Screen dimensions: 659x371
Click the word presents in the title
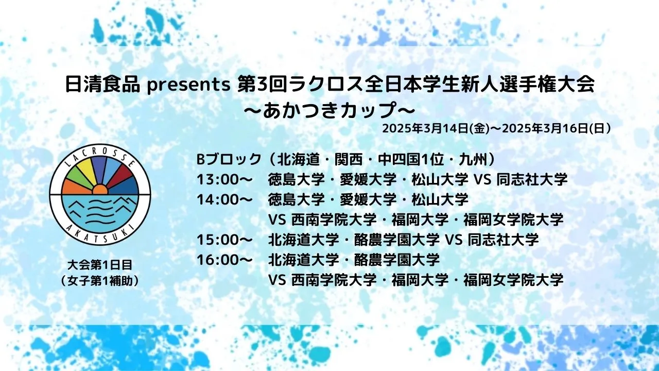pyautogui.click(x=188, y=86)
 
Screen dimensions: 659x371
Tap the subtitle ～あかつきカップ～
pyautogui.click(x=329, y=111)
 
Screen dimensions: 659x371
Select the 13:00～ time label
pyautogui.click(x=224, y=180)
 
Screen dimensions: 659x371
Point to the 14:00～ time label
pyautogui.click(x=224, y=199)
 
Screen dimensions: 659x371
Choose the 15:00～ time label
pyautogui.click(x=224, y=240)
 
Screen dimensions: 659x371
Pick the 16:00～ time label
pyautogui.click(x=224, y=260)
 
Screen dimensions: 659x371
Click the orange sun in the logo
pyautogui.click(x=100, y=190)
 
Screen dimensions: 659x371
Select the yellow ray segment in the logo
pyautogui.click(x=85, y=171)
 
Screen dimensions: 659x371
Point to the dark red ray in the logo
pyautogui.click(x=121, y=177)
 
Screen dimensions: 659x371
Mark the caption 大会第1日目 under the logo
pyautogui.click(x=100, y=265)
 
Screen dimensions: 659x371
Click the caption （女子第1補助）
pyautogui.click(x=100, y=281)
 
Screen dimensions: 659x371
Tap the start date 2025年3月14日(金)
pyautogui.click(x=436, y=129)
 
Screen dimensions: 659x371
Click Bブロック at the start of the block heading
pyautogui.click(x=229, y=160)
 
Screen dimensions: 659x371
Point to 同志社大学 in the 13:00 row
pyautogui.click(x=532, y=180)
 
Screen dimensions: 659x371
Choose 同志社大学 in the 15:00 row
pyautogui.click(x=503, y=240)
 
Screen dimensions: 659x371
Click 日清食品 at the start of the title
pyautogui.click(x=102, y=85)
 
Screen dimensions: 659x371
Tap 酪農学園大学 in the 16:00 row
pyautogui.click(x=397, y=260)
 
